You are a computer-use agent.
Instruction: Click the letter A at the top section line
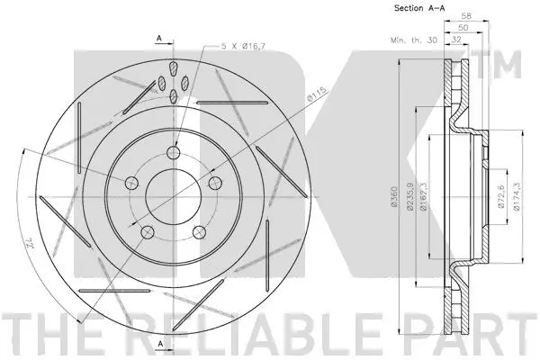pyautogui.click(x=158, y=37)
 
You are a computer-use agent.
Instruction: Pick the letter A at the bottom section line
pyautogui.click(x=158, y=346)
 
